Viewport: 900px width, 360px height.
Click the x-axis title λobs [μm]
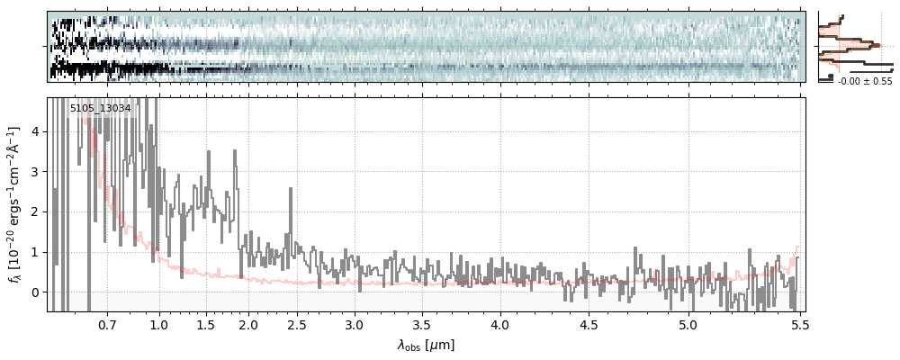pyautogui.click(x=426, y=345)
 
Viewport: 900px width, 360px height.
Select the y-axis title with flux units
pyautogui.click(x=15, y=204)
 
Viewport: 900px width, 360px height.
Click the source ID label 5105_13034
pyautogui.click(x=101, y=109)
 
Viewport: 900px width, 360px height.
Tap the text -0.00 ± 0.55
pyautogui.click(x=865, y=82)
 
